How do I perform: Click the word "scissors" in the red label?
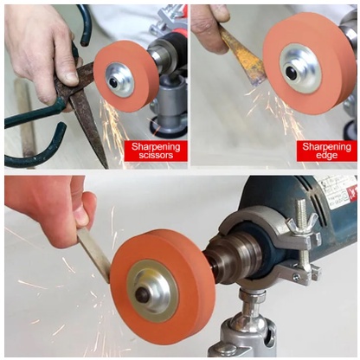(156, 156)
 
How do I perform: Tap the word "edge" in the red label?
(326, 156)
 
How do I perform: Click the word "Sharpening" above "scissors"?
(156, 147)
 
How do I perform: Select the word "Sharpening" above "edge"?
(326, 147)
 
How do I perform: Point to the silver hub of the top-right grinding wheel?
(300, 68)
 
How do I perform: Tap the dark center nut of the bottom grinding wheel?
(144, 294)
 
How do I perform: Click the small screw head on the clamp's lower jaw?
(296, 277)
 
